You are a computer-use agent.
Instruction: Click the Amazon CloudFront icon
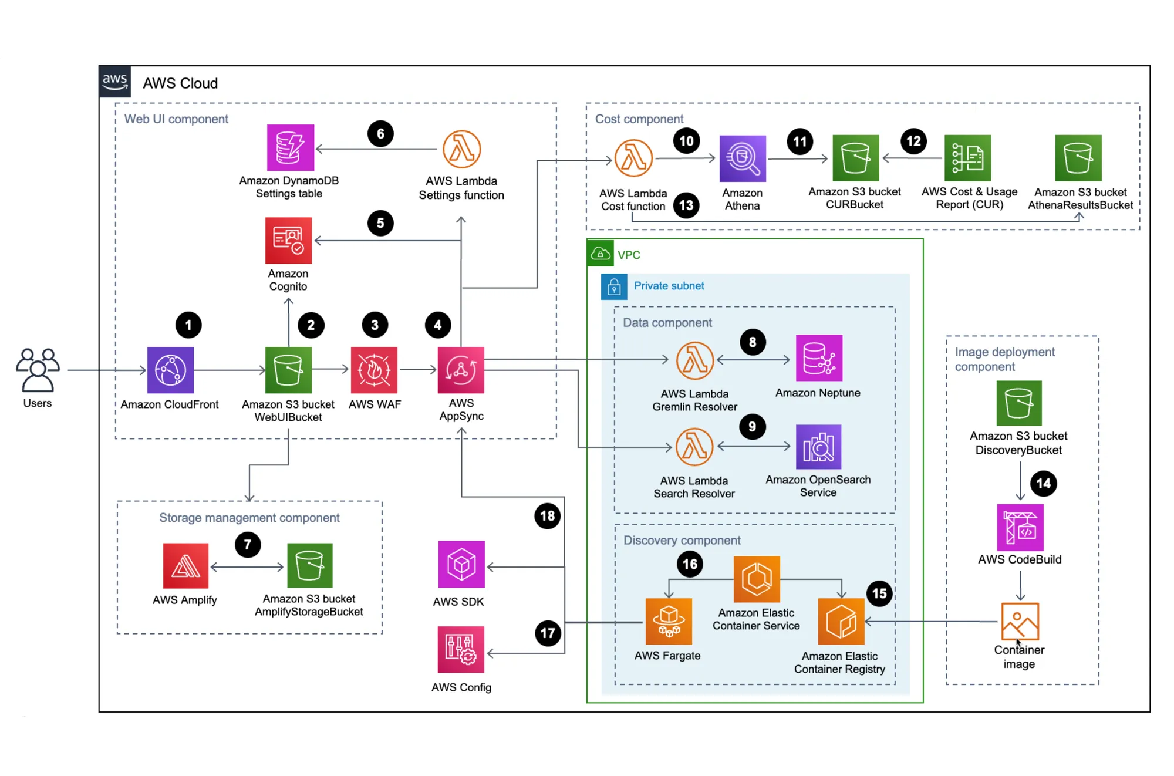coord(170,370)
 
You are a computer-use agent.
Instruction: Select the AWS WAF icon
coord(374,370)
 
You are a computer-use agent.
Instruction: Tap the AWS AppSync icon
coord(461,370)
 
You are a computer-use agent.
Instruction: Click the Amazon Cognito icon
coord(288,241)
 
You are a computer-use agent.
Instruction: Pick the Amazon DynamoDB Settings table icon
coord(290,147)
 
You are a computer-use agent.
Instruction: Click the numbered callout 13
coord(686,205)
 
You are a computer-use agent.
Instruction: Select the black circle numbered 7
coord(248,545)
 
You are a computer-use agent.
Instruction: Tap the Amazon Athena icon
coord(743,158)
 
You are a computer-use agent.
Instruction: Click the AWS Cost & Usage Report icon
coord(967,158)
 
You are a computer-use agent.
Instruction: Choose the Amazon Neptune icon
coord(819,358)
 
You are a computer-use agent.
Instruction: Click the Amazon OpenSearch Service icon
coord(818,447)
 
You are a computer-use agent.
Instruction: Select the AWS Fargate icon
coord(668,621)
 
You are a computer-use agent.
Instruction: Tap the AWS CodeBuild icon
coord(1020,527)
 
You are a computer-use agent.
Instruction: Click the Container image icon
coord(1020,621)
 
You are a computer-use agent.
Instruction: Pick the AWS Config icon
coord(461,649)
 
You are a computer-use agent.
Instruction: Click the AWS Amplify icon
coord(185,565)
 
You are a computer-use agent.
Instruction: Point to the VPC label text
coord(629,255)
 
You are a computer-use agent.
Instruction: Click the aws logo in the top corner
coord(114,82)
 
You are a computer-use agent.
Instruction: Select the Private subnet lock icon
coord(613,286)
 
